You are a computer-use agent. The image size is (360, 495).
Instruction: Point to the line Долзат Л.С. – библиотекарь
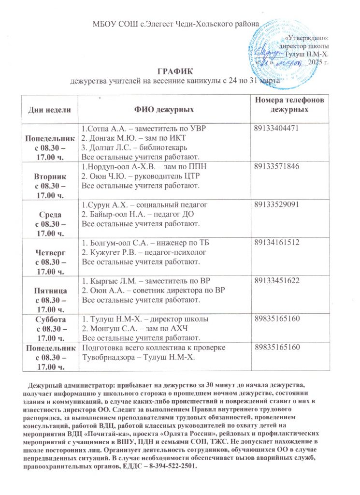coord(138,147)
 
